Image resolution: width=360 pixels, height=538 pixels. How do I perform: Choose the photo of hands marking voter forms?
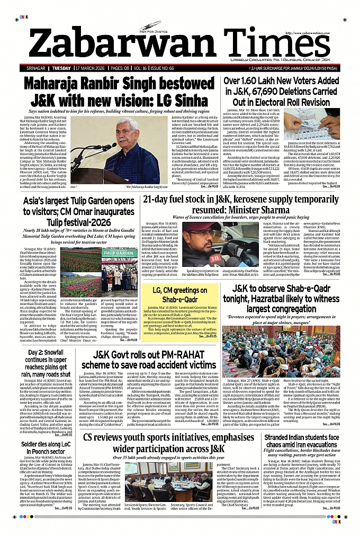point(323,125)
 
